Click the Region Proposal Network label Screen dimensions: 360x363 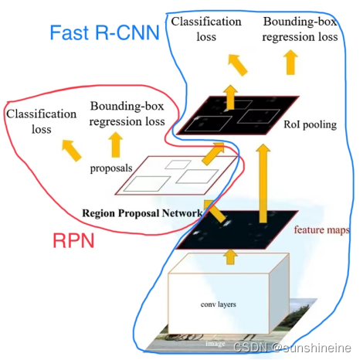pos(143,212)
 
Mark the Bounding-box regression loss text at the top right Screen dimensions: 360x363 pos(299,29)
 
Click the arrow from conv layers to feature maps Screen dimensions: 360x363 pos(230,254)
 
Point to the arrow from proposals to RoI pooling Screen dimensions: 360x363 pos(209,155)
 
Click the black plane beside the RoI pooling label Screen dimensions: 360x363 pos(236,114)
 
